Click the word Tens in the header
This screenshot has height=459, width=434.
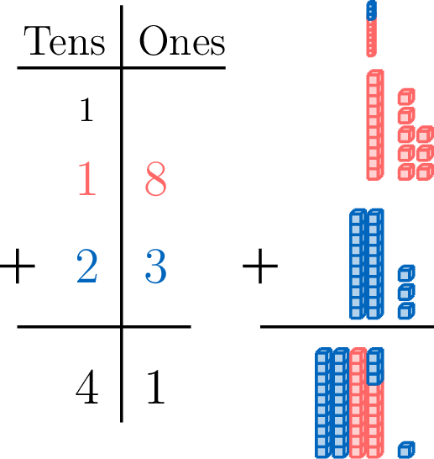coord(65,41)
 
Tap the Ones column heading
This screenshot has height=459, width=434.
coord(182,40)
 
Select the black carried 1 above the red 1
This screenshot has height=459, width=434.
coord(86,110)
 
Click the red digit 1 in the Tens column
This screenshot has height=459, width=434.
coord(87,178)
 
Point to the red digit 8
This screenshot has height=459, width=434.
coord(156,178)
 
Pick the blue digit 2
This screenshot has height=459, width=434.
coord(86,266)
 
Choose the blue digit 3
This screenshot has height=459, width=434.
coord(156,266)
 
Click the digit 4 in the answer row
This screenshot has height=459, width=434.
coord(86,387)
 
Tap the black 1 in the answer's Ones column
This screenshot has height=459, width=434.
coord(156,387)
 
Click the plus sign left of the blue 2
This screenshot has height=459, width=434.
coord(18,266)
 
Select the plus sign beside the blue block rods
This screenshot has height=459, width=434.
coord(260,266)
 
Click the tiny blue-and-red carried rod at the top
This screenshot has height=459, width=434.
coord(371,29)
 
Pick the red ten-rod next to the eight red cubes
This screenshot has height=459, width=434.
coord(375,124)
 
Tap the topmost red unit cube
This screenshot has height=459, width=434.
coord(406,97)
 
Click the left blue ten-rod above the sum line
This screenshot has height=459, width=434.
coord(358,264)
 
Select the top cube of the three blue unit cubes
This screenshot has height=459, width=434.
coord(406,273)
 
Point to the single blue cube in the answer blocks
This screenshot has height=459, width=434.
coord(406,450)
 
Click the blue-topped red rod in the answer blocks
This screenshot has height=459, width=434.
coord(375,403)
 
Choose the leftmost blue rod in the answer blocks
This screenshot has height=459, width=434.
coord(323,403)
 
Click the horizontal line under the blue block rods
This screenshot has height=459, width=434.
coord(347,327)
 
